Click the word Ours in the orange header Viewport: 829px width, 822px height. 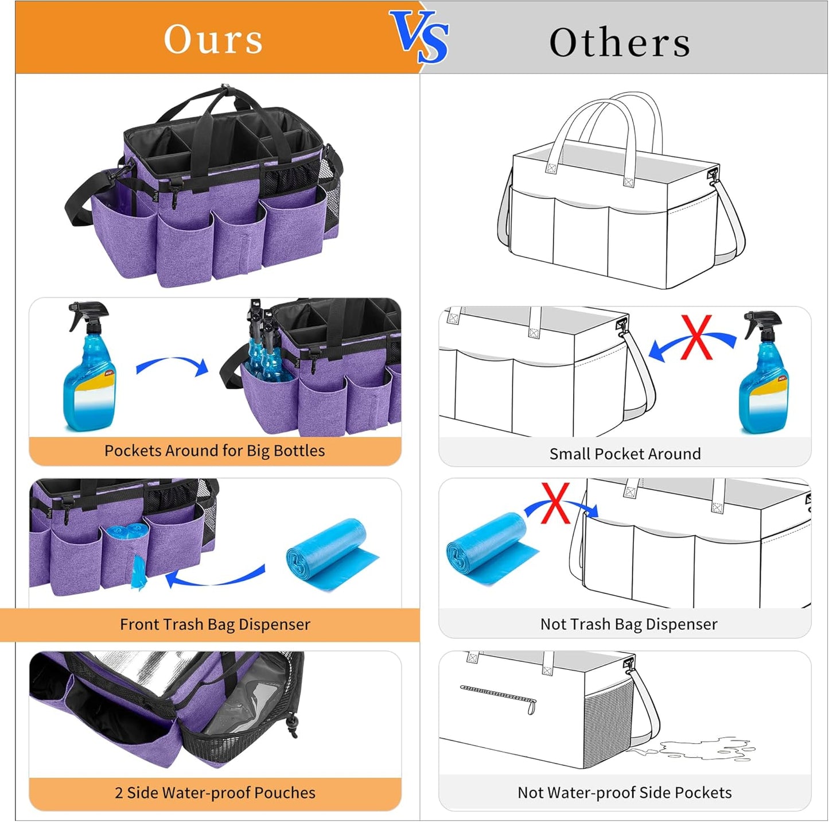[x=213, y=40]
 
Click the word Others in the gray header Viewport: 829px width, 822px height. [x=620, y=42]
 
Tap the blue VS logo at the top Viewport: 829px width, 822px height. [x=420, y=37]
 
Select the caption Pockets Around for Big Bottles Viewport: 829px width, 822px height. [x=215, y=451]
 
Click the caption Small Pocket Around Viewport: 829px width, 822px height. [x=625, y=454]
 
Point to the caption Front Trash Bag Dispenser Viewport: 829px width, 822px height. [x=215, y=625]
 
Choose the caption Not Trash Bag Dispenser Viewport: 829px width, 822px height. [x=629, y=625]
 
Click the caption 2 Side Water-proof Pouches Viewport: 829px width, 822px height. [x=215, y=793]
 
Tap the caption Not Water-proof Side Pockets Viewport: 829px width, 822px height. [x=624, y=793]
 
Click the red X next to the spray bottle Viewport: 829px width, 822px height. [x=697, y=338]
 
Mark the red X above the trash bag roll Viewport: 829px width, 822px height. [x=555, y=503]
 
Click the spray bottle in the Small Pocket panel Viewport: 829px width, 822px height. [x=764, y=373]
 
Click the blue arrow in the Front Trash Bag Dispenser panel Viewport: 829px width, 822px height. [x=215, y=577]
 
